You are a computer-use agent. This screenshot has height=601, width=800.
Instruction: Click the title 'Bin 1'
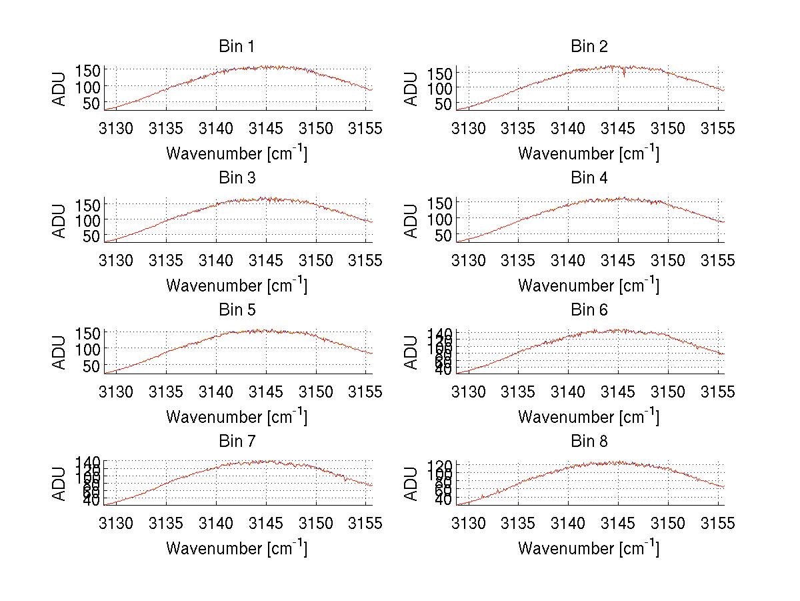pos(236,47)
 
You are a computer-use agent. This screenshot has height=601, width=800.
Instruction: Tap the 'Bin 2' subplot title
pos(589,47)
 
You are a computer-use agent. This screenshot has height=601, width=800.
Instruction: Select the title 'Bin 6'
pos(589,310)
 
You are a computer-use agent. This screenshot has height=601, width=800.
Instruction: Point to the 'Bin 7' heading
pos(236,442)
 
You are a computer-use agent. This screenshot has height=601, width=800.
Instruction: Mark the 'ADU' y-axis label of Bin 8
pos(412,484)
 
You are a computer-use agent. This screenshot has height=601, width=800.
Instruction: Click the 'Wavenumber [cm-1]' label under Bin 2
pos(589,153)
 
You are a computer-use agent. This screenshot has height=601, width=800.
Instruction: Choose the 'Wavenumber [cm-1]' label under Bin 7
pos(237,548)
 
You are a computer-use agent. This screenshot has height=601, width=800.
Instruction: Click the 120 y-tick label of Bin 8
pos(443,465)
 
